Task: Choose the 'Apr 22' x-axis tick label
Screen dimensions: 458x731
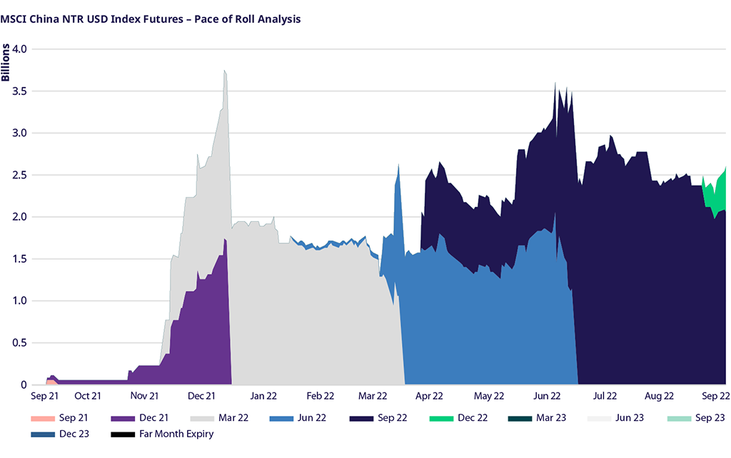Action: click(429, 395)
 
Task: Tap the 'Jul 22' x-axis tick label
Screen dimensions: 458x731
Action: click(605, 395)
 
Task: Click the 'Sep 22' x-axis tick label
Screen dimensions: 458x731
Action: click(715, 395)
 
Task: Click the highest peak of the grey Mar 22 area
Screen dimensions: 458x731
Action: click(225, 71)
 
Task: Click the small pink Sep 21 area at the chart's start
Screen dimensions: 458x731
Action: click(50, 382)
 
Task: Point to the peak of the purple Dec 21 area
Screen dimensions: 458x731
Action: click(225, 240)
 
